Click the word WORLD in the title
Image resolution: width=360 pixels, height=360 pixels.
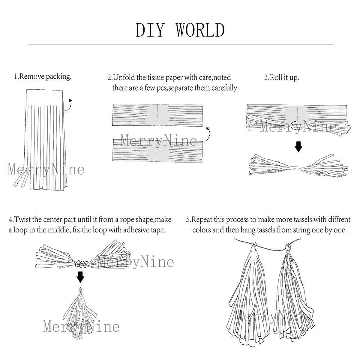pyautogui.click(x=200, y=30)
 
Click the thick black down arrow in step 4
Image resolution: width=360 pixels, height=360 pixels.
pyautogui.click(x=80, y=277)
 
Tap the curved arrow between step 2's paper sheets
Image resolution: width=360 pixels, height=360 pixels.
pyautogui.click(x=207, y=133)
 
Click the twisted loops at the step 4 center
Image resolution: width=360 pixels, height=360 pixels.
pyautogui.click(x=81, y=264)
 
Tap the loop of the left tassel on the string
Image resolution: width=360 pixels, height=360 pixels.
pyautogui.click(x=253, y=244)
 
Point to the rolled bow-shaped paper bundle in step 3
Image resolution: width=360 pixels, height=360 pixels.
pyautogui.click(x=297, y=165)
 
